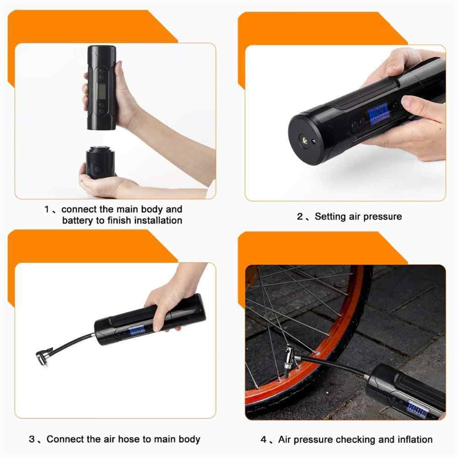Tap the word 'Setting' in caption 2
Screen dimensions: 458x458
(x=331, y=216)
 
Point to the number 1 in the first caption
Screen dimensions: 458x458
(x=47, y=210)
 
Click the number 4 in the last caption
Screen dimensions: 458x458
(x=264, y=439)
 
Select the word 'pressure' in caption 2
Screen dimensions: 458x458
(x=382, y=216)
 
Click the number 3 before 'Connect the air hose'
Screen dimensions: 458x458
(x=32, y=439)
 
